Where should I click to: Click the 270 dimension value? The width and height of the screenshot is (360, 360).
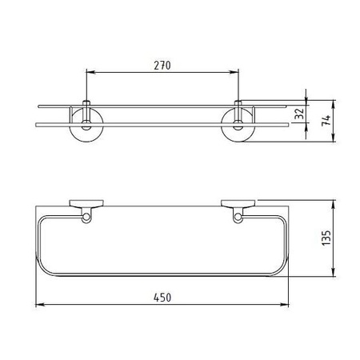pyautogui.click(x=162, y=65)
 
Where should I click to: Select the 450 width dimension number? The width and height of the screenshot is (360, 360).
pyautogui.click(x=162, y=297)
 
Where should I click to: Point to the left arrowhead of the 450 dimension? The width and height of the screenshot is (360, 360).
pyautogui.click(x=40, y=306)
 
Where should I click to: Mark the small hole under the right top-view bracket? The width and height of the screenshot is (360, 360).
pyautogui.click(x=238, y=215)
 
